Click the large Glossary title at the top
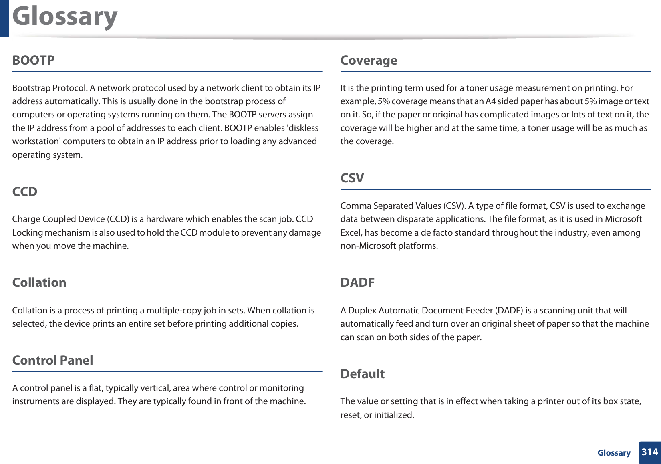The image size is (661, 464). tap(65, 17)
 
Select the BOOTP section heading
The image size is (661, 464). tap(33, 60)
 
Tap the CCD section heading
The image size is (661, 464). tap(25, 192)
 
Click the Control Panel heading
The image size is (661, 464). tap(52, 360)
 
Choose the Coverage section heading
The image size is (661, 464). tap(369, 60)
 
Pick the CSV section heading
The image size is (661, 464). tap(352, 178)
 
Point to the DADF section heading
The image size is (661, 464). tap(357, 282)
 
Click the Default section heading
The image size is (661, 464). tap(362, 374)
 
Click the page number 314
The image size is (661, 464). tap(649, 452)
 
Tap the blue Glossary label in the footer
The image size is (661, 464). tap(614, 453)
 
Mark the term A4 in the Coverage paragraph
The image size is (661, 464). tap(490, 101)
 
